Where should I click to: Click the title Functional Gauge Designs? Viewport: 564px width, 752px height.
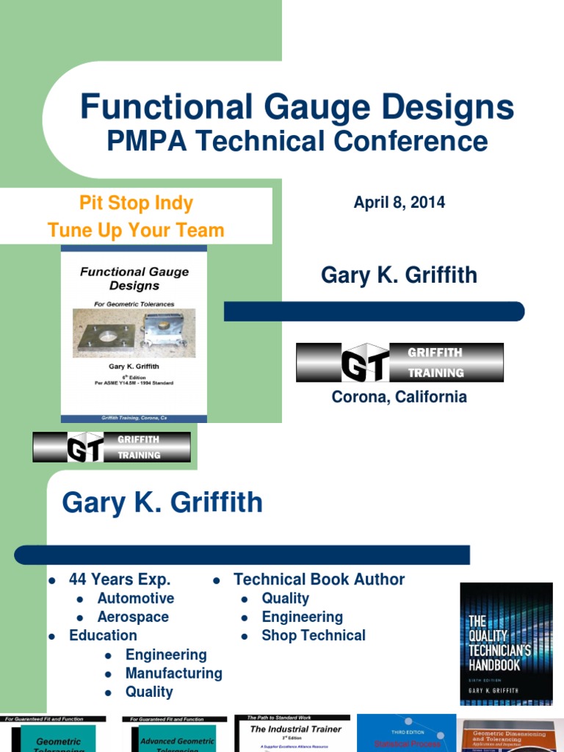297,108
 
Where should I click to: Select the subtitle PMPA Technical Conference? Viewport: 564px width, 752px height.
297,141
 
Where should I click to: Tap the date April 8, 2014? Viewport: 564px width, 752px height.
399,203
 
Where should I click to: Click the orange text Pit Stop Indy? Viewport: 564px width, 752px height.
136,203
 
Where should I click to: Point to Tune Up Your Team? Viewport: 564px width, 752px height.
136,230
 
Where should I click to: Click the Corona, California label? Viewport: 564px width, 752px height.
399,397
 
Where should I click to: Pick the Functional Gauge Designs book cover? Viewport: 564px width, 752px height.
134,334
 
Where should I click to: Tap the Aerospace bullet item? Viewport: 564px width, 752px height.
133,617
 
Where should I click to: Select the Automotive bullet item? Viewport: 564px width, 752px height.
136,599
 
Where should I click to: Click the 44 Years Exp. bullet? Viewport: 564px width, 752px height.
119,579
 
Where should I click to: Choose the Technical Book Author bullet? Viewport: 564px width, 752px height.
319,579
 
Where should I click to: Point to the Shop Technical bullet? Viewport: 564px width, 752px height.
314,635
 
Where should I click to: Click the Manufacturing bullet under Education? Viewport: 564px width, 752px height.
173,673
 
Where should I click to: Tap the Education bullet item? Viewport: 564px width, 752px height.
103,635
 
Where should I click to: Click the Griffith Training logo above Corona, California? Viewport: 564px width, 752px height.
399,362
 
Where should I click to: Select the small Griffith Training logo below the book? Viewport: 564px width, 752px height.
112,446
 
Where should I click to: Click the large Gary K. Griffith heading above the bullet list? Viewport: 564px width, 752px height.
162,503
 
